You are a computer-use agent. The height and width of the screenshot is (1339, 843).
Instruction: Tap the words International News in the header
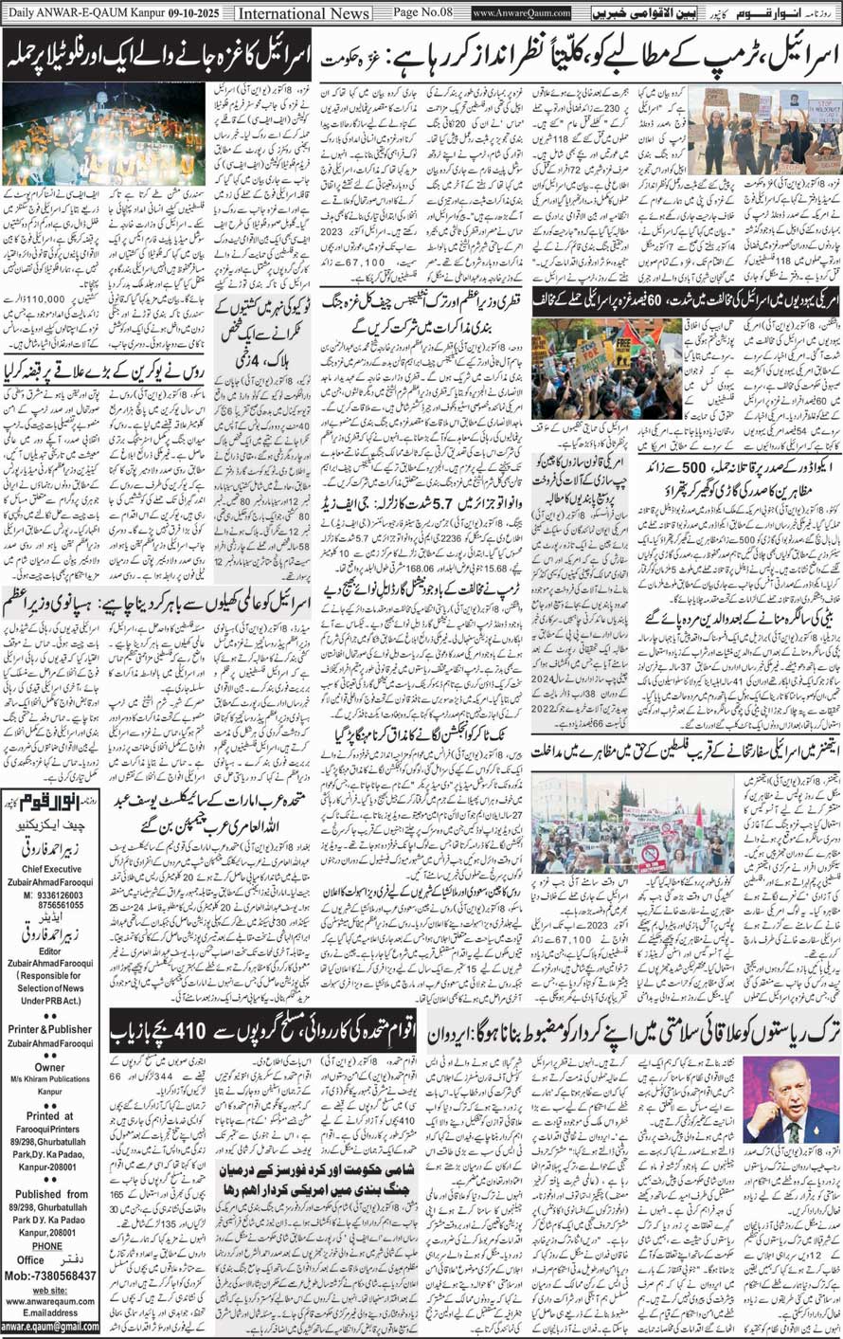click(x=303, y=13)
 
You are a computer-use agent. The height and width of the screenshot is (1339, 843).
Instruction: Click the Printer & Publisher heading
click(x=50, y=1029)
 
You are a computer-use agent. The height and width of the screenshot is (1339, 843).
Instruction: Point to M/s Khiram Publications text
click(x=50, y=1079)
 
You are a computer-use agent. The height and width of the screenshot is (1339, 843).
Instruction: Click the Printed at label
click(x=50, y=1116)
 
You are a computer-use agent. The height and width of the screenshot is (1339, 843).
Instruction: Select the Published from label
click(x=50, y=1195)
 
